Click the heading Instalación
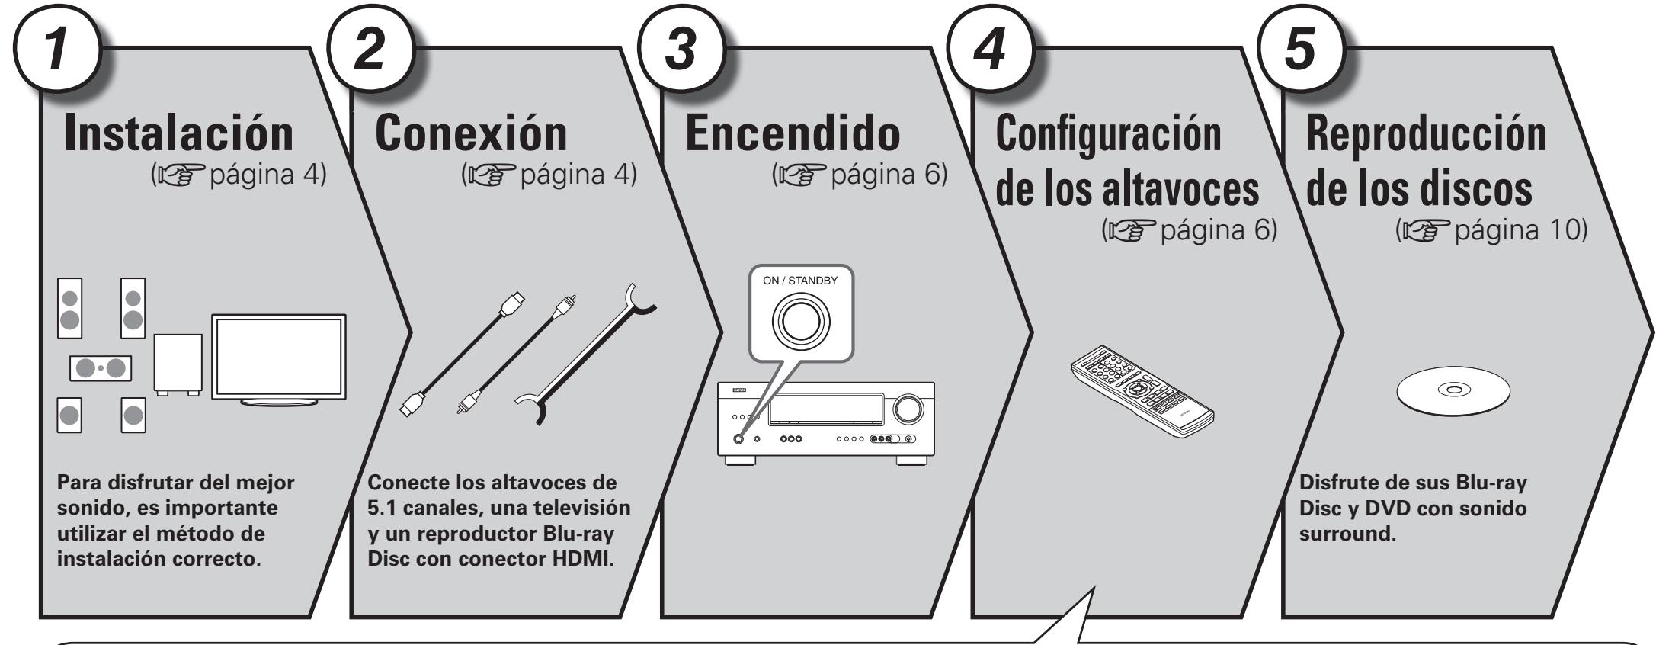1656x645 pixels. pyautogui.click(x=181, y=132)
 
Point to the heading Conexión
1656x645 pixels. pyautogui.click(x=472, y=132)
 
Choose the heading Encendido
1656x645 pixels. pyautogui.click(x=793, y=132)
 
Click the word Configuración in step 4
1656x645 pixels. pyautogui.click(x=1108, y=132)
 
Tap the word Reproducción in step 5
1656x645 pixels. pyautogui.click(x=1426, y=132)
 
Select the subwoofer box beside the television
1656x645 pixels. pyautogui.click(x=177, y=362)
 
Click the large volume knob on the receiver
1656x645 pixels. pyautogui.click(x=908, y=408)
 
